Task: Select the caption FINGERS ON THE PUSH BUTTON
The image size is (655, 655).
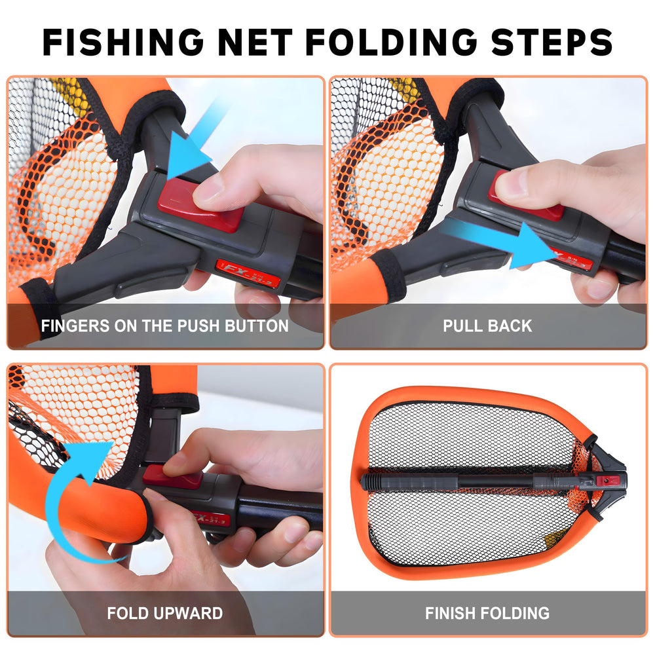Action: pos(164,326)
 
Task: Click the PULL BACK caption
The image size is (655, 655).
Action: pos(487,326)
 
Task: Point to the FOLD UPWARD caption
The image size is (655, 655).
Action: pos(164,614)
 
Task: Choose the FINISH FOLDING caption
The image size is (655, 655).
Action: pos(487,614)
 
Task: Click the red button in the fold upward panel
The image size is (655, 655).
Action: pos(172,477)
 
